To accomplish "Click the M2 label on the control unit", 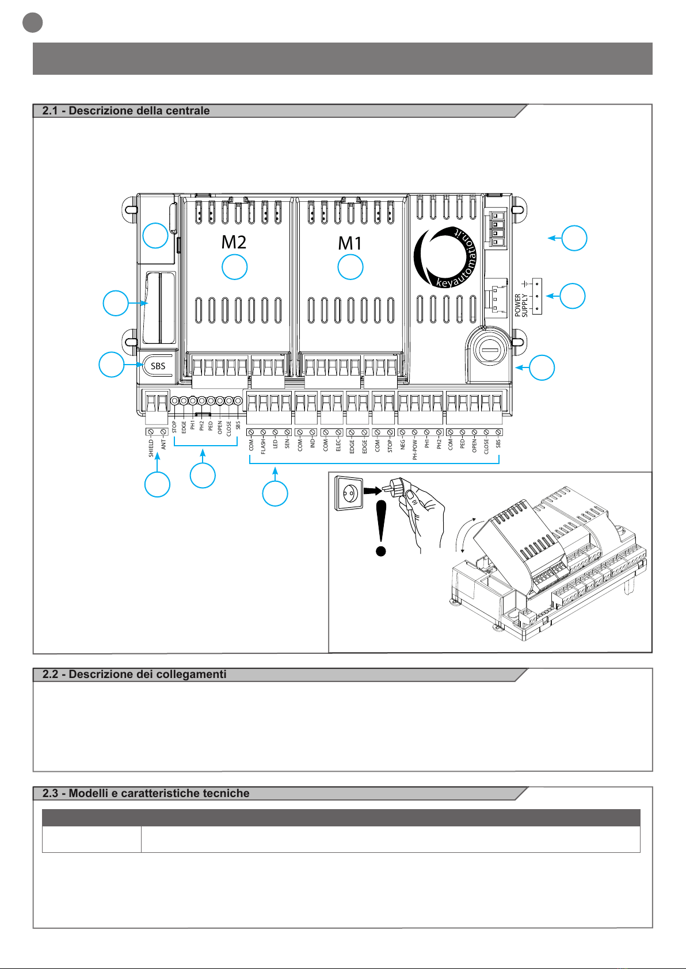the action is [x=234, y=242].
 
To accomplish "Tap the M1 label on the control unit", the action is [x=350, y=243].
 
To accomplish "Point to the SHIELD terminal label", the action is [x=151, y=449].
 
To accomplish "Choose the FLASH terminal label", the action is [x=264, y=446].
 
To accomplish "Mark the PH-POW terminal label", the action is [x=415, y=449].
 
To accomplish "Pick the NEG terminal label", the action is [x=403, y=444].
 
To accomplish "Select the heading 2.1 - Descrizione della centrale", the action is [x=126, y=111].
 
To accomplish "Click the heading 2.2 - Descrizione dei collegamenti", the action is [x=134, y=675].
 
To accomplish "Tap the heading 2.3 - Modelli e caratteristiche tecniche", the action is [x=146, y=794].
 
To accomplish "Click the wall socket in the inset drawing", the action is [x=349, y=494].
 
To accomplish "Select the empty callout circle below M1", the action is [x=350, y=267].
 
